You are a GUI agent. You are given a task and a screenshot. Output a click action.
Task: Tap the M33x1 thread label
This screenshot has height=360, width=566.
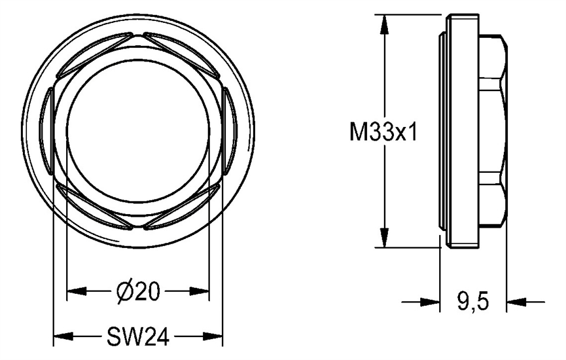click(383, 134)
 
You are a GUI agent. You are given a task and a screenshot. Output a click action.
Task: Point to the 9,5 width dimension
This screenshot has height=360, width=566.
click(472, 302)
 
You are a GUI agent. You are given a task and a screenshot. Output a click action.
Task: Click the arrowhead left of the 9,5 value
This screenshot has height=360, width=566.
click(431, 302)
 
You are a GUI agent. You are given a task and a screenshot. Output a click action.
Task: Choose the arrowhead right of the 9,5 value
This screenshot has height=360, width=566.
click(515, 302)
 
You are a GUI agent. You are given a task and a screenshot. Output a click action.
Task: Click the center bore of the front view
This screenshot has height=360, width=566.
click(138, 134)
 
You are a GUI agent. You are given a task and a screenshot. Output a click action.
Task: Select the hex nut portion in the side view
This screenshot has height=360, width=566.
click(494, 134)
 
